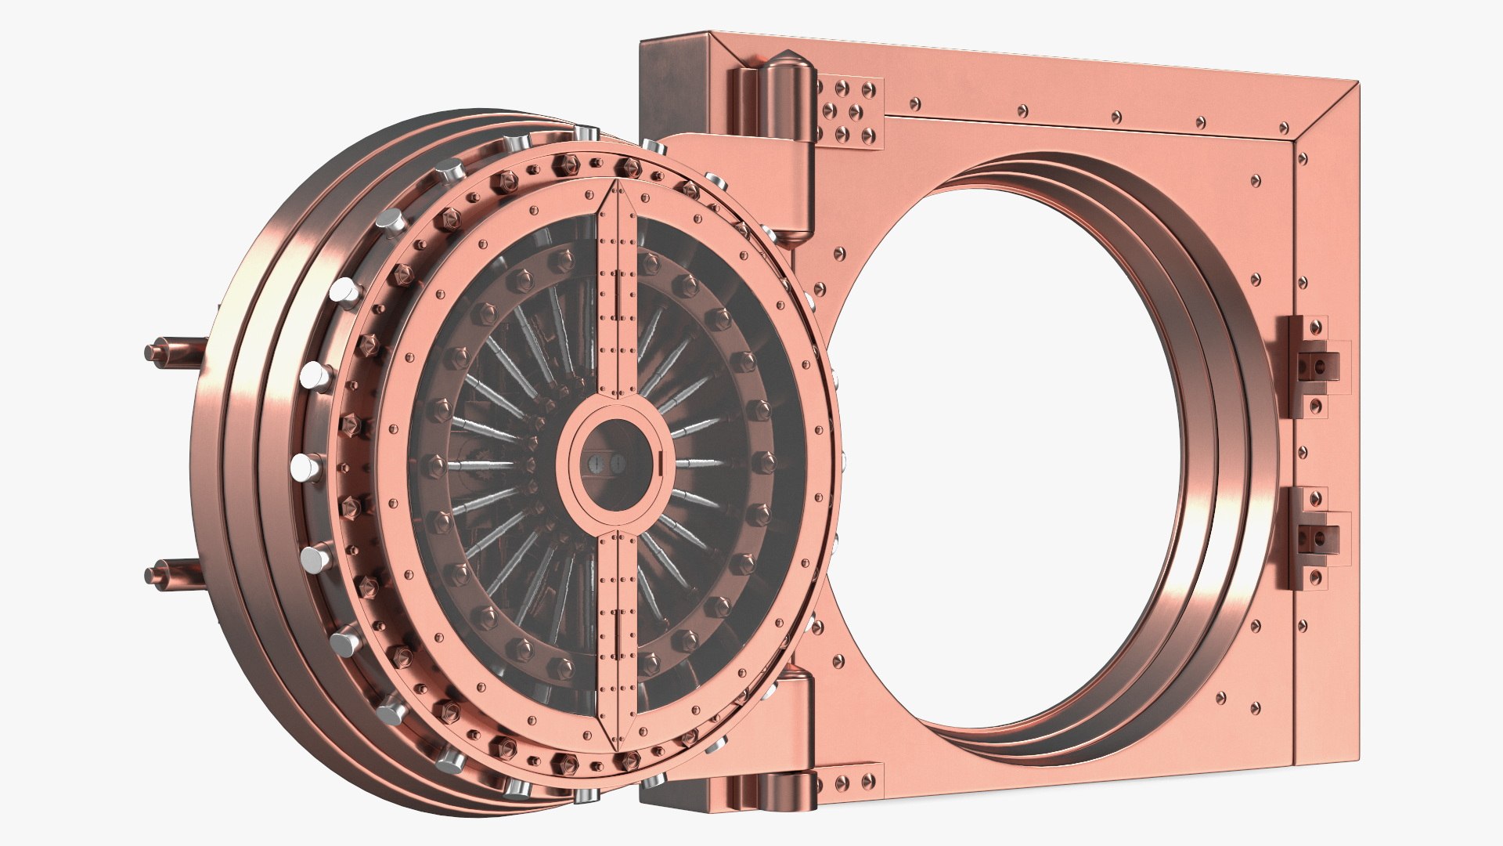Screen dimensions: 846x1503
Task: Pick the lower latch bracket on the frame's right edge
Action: pos(1312,537)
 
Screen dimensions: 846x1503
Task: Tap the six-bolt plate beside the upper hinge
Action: pos(850,110)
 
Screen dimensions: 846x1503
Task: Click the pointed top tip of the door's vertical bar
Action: pos(618,184)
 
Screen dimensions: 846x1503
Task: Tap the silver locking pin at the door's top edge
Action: pos(583,138)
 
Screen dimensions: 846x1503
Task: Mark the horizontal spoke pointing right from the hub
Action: pos(697,463)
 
